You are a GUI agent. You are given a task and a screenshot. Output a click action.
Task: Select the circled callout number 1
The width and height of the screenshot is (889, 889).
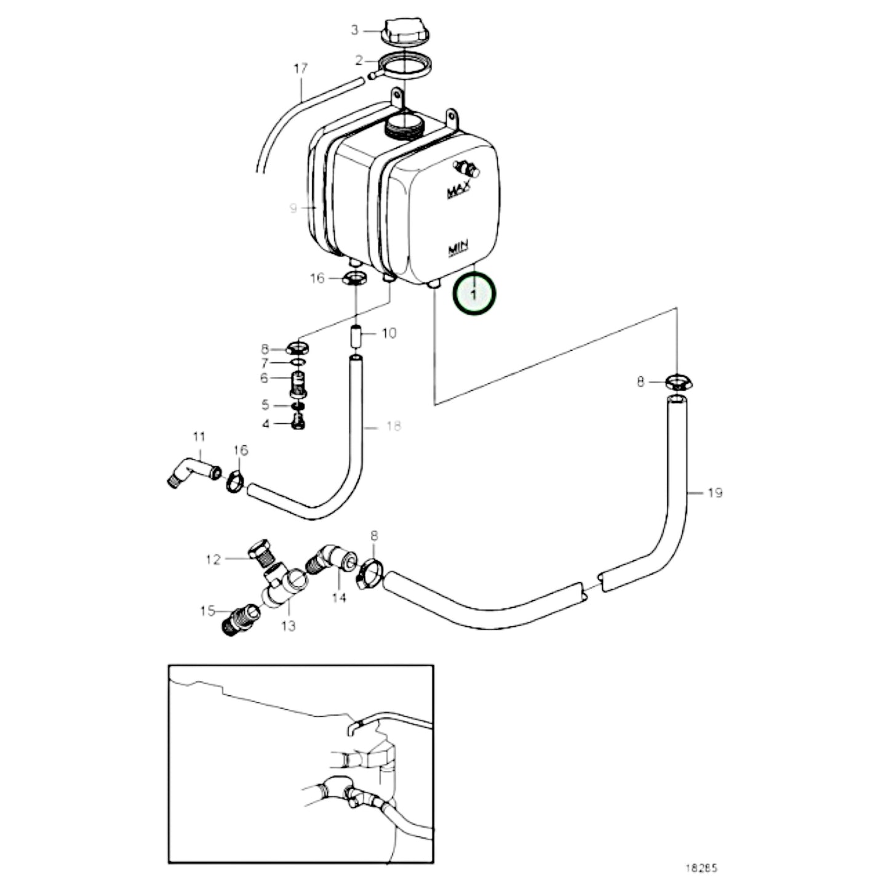[474, 295]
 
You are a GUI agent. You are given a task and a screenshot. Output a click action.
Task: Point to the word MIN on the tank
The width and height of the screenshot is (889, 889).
[458, 248]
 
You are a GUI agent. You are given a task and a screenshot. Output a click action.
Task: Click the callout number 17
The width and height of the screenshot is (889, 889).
[300, 68]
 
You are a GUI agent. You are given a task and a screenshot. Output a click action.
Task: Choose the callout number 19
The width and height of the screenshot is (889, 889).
[714, 493]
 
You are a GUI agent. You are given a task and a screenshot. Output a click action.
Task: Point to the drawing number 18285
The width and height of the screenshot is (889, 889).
[701, 869]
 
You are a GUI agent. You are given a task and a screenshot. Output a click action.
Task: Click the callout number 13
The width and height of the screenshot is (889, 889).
[288, 626]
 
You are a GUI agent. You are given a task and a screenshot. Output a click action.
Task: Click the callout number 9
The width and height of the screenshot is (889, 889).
[293, 209]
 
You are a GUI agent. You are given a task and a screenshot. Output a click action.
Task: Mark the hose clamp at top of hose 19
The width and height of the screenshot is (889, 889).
[678, 383]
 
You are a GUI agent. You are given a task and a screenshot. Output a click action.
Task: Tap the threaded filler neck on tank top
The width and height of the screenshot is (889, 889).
[404, 127]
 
